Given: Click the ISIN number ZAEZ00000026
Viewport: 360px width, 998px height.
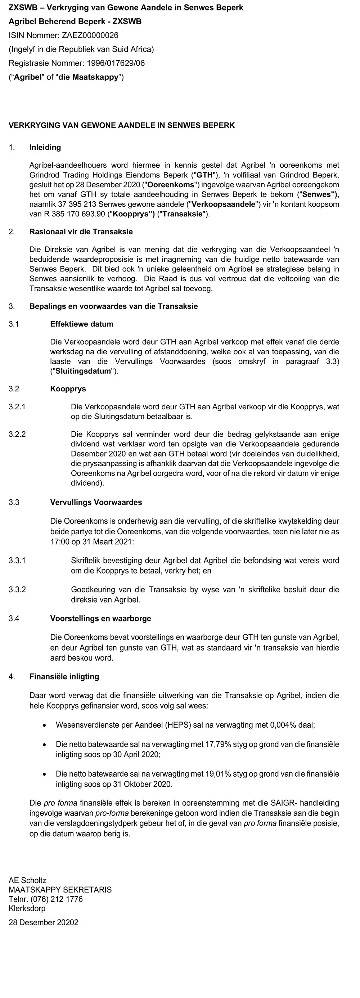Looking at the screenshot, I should [90, 35].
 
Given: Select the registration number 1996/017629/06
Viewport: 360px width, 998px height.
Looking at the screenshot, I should [116, 63].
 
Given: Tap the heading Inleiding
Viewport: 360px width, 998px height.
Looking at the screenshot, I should [45, 147].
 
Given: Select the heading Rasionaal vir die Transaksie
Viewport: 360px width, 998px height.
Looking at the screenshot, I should [81, 232].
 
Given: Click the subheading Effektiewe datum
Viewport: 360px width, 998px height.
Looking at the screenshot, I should [81, 324].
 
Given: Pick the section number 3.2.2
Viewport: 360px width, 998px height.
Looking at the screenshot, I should [17, 434].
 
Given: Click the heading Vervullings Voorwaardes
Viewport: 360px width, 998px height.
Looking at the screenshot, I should [96, 502].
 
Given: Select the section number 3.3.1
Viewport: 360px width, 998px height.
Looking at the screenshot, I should [17, 560].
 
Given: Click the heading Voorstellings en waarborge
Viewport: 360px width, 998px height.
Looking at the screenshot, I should [100, 618].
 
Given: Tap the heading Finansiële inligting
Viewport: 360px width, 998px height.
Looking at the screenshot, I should [64, 676].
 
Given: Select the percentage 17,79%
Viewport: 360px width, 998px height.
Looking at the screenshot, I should [217, 744].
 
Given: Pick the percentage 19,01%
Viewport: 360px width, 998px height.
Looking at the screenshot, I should [217, 774].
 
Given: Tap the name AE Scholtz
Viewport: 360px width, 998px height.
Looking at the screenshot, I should [27, 880].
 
